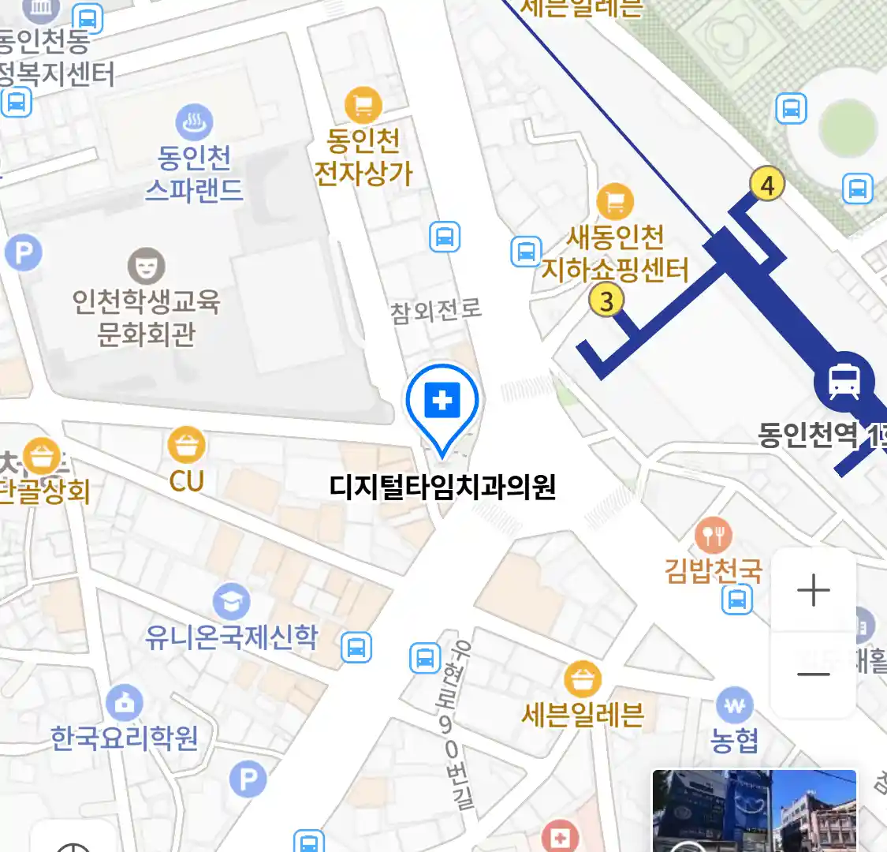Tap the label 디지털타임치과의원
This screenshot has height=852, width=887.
coord(442,486)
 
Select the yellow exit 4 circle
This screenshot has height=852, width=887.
coord(767,185)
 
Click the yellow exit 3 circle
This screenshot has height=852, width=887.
coord(606,301)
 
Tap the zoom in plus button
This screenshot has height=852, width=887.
coord(813,590)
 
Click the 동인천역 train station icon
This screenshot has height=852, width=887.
coord(844,381)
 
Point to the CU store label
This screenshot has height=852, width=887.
coord(186,480)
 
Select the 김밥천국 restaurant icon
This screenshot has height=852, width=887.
coord(714,536)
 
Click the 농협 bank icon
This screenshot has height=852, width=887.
coord(734,705)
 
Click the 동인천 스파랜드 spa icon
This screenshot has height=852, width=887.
coord(194,123)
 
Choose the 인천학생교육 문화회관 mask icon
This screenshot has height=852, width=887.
coord(146,266)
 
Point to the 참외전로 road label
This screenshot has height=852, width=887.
coord(436,311)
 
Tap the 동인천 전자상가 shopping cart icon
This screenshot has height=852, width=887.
coord(363,105)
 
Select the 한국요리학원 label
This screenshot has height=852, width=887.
coord(124,738)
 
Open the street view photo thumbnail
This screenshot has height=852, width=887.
coord(754,811)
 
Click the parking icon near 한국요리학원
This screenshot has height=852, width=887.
coord(248,780)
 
